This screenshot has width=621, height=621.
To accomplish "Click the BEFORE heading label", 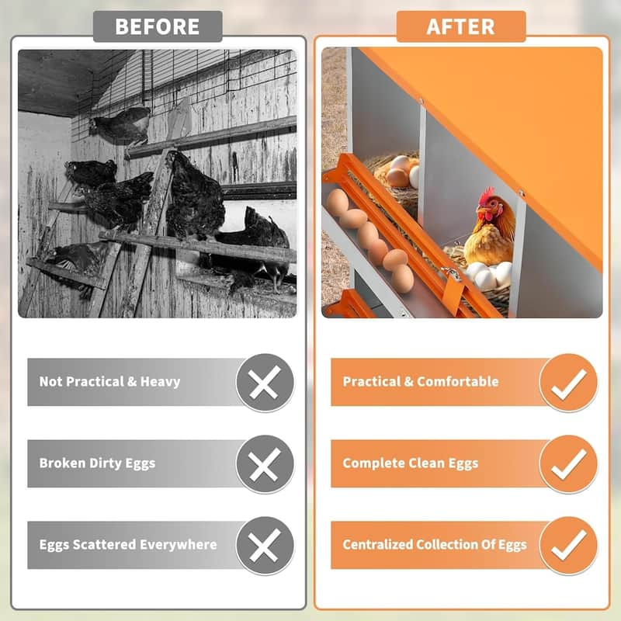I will click(158, 26).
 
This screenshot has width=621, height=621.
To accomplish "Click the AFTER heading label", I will click(460, 26).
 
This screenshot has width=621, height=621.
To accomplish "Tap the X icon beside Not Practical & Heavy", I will click(265, 382).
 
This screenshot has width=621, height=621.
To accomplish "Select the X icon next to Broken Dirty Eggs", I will click(265, 464).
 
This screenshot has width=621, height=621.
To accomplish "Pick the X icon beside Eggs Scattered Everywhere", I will click(265, 546).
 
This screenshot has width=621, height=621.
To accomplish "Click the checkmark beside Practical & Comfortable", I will click(568, 382).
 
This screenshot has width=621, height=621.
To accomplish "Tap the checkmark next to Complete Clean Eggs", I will click(568, 464).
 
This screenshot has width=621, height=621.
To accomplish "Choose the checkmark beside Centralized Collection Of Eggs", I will click(568, 546).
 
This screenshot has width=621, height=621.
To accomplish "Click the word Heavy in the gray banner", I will click(160, 382).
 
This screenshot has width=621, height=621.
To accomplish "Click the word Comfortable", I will click(458, 382).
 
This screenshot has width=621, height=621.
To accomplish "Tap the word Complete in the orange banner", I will click(373, 463).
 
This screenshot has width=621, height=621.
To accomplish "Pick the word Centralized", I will click(381, 545).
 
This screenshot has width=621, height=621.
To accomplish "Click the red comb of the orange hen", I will click(487, 194).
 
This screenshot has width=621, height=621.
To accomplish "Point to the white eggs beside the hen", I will click(490, 274).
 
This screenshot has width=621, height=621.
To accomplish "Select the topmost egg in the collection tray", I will click(337, 203).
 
